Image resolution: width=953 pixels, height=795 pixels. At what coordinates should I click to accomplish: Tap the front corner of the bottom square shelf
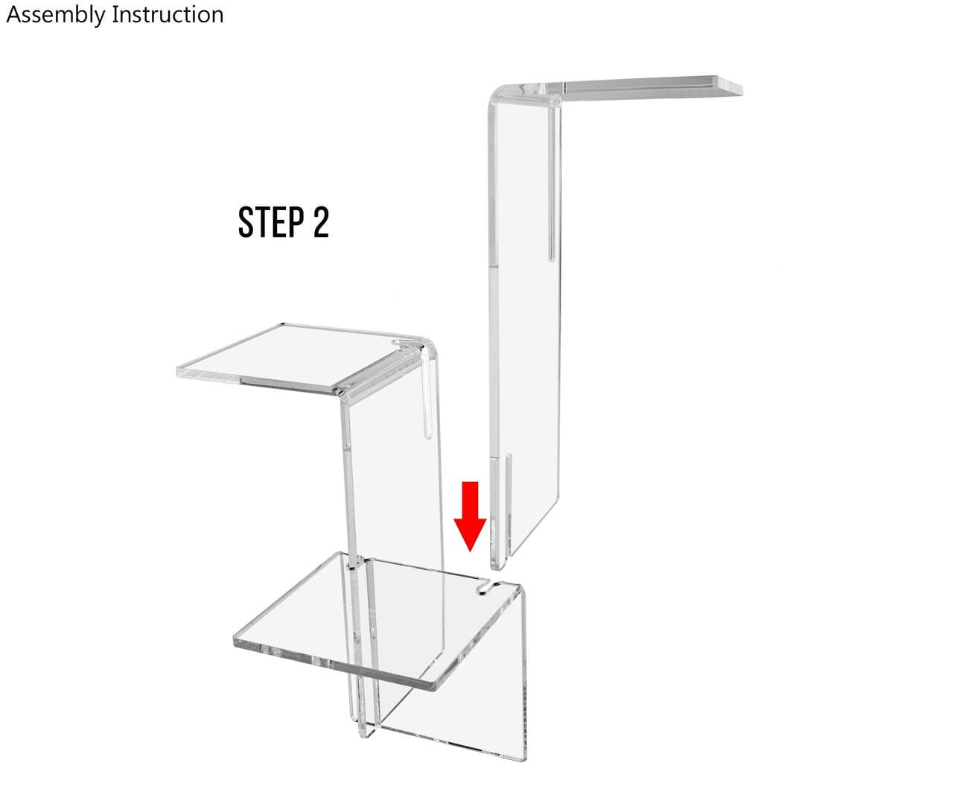coord(430,686)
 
